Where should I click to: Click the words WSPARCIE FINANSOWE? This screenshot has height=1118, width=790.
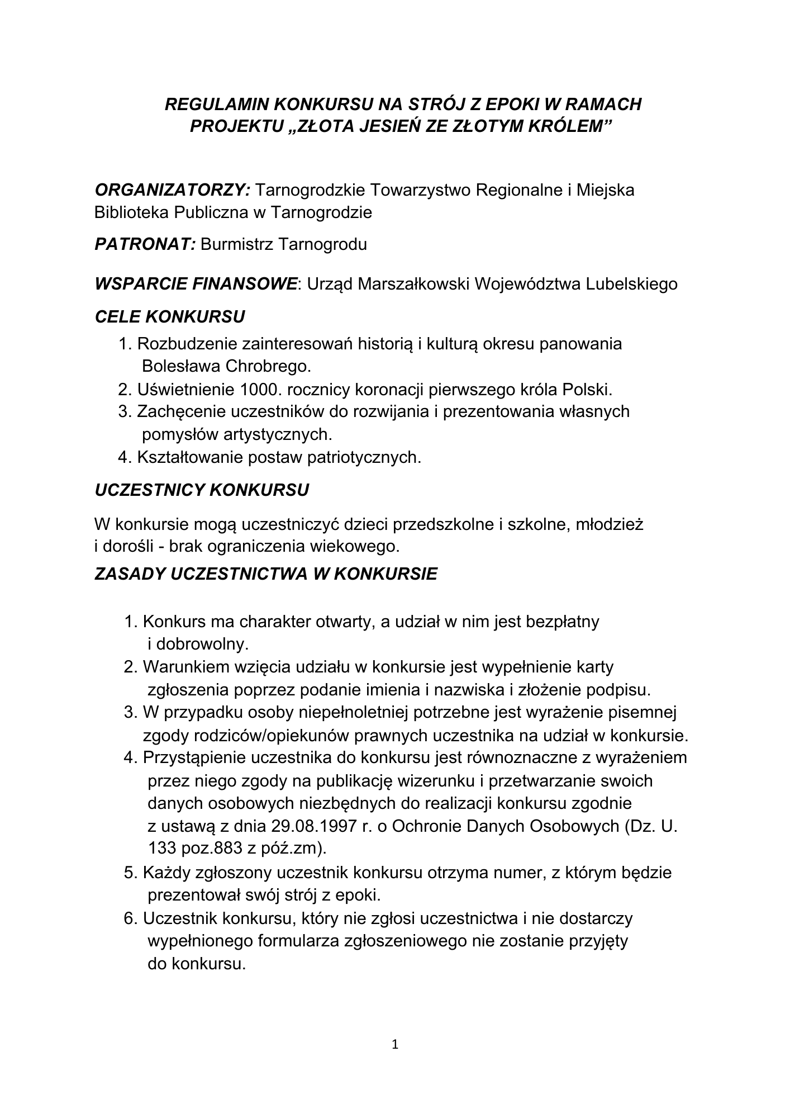coord(196,284)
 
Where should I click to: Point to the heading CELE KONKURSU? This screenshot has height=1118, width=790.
coord(170,317)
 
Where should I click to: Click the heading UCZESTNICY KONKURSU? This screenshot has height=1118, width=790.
coord(202,490)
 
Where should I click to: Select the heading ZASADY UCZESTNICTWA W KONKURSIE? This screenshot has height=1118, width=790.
coord(266,574)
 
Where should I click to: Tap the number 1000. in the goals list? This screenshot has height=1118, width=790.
coord(259,389)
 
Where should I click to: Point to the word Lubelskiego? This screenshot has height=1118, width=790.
coord(631,284)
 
